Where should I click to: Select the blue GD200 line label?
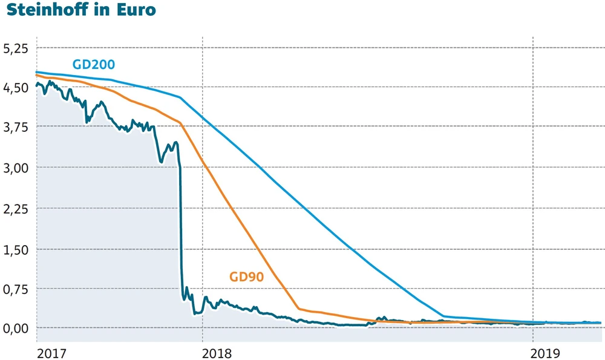coord(94,64)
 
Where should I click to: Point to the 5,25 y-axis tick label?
coord(16,48)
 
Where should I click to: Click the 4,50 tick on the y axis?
coord(16,88)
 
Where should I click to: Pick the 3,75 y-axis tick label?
coord(16,127)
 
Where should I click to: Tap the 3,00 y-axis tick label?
coord(16,168)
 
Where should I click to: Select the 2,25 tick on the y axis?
coord(16,208)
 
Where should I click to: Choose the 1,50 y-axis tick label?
coord(16,249)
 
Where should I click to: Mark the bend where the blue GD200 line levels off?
coord(443,316)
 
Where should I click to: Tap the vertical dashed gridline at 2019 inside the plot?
coord(532,182)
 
